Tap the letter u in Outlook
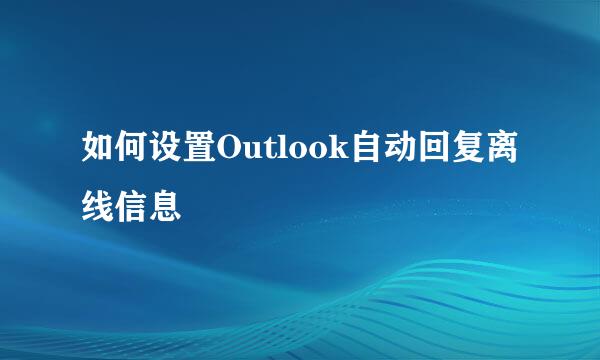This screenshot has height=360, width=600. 253,155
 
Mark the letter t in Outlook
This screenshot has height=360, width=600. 270,154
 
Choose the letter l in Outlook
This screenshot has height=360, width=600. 282,153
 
